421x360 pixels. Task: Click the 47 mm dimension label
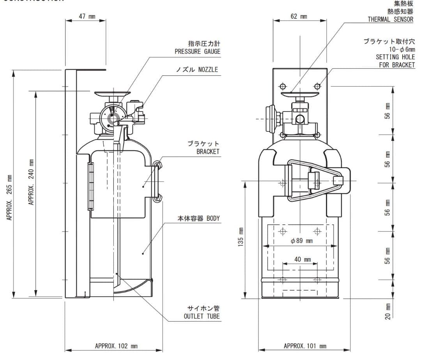(87, 16)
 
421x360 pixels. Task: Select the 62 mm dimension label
(299, 16)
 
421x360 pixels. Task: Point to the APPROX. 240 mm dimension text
(31, 182)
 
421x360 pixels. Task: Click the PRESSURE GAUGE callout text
(197, 51)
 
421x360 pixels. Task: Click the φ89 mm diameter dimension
(301, 241)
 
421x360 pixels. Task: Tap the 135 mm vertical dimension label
(241, 237)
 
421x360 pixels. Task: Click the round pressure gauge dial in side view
(112, 116)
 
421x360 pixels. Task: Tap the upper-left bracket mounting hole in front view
(283, 85)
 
